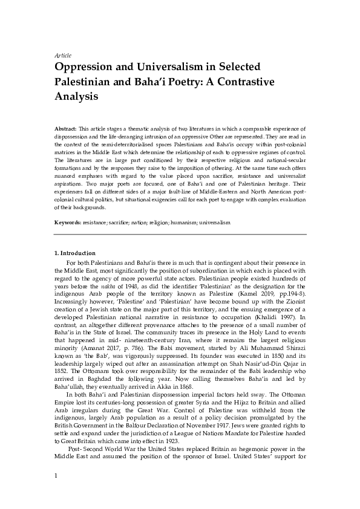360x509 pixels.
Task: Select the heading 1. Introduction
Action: point(74,252)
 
